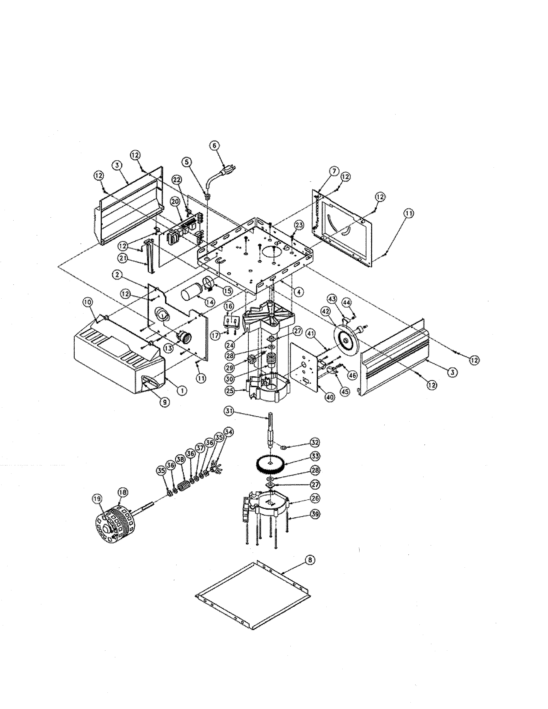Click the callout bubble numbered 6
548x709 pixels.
[x=214, y=146]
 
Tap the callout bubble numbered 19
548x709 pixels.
[x=98, y=499]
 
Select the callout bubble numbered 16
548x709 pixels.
[x=229, y=306]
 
